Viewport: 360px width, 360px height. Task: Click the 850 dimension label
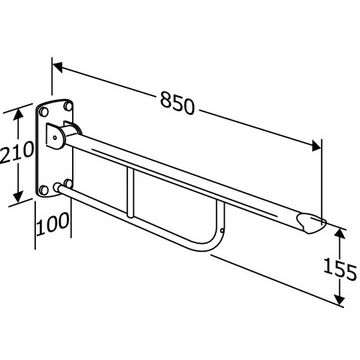point(177,103)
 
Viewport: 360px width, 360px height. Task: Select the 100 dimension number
point(53,223)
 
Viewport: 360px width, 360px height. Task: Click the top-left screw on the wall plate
point(44,112)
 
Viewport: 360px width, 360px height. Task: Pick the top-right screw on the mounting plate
point(68,106)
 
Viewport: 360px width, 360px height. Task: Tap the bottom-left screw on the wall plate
point(43,190)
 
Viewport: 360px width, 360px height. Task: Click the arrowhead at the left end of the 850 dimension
point(58,67)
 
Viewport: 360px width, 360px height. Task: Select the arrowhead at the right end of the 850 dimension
point(316,146)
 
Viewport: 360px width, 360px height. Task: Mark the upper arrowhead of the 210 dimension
point(19,114)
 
